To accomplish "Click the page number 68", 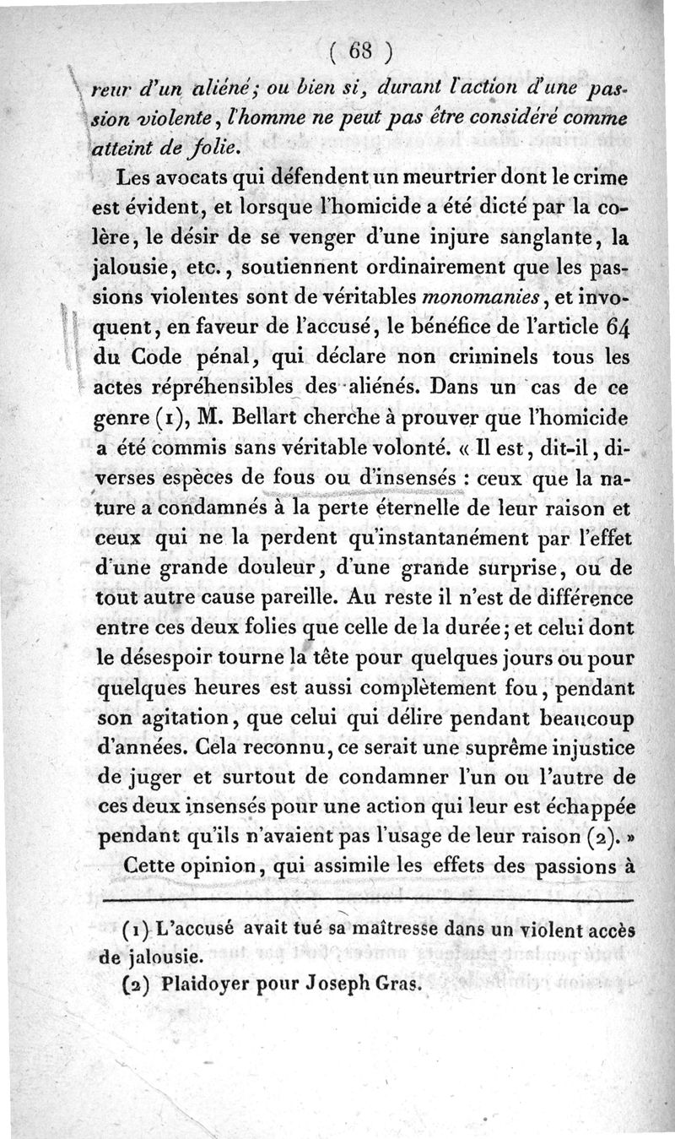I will tap(359, 52).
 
